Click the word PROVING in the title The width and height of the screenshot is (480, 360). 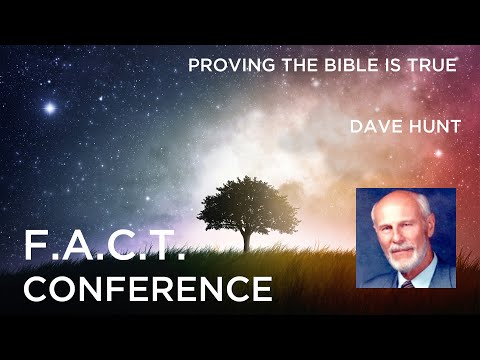tap(232, 65)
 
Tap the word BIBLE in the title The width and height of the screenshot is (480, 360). tap(351, 65)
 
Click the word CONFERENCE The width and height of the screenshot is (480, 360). tap(148, 288)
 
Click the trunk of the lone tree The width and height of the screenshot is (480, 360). tap(247, 238)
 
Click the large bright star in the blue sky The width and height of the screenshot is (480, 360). tap(50, 108)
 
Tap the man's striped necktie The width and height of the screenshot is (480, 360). tap(407, 284)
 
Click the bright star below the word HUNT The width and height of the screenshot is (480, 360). tap(439, 154)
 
